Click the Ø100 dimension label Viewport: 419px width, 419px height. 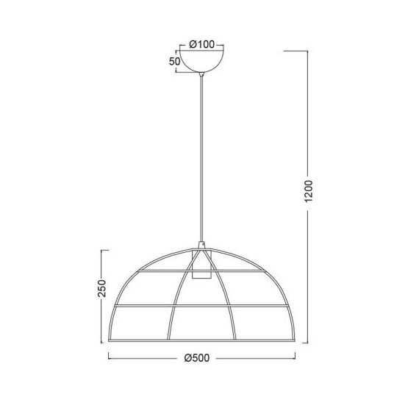pos(201,44)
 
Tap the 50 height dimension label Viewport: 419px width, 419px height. pos(175,62)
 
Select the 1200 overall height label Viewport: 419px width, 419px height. pos(309,191)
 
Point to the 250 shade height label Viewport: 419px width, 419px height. pos(102,288)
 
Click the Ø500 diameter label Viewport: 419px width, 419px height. pos(197,358)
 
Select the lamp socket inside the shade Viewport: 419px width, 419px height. pos(201,265)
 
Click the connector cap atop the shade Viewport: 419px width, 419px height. pos(201,246)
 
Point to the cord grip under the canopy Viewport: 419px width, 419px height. pos(201,74)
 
